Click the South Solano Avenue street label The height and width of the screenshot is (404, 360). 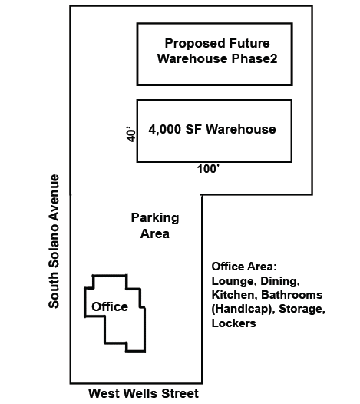click(54, 241)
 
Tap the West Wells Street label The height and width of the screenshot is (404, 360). click(144, 394)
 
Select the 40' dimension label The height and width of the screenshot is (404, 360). click(131, 132)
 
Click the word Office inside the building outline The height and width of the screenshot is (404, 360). click(110, 307)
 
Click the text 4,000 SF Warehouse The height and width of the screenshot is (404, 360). click(212, 129)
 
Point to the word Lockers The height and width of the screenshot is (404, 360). click(233, 323)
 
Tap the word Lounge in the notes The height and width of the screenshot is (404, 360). click(233, 281)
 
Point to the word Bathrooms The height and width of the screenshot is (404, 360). click(294, 295)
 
